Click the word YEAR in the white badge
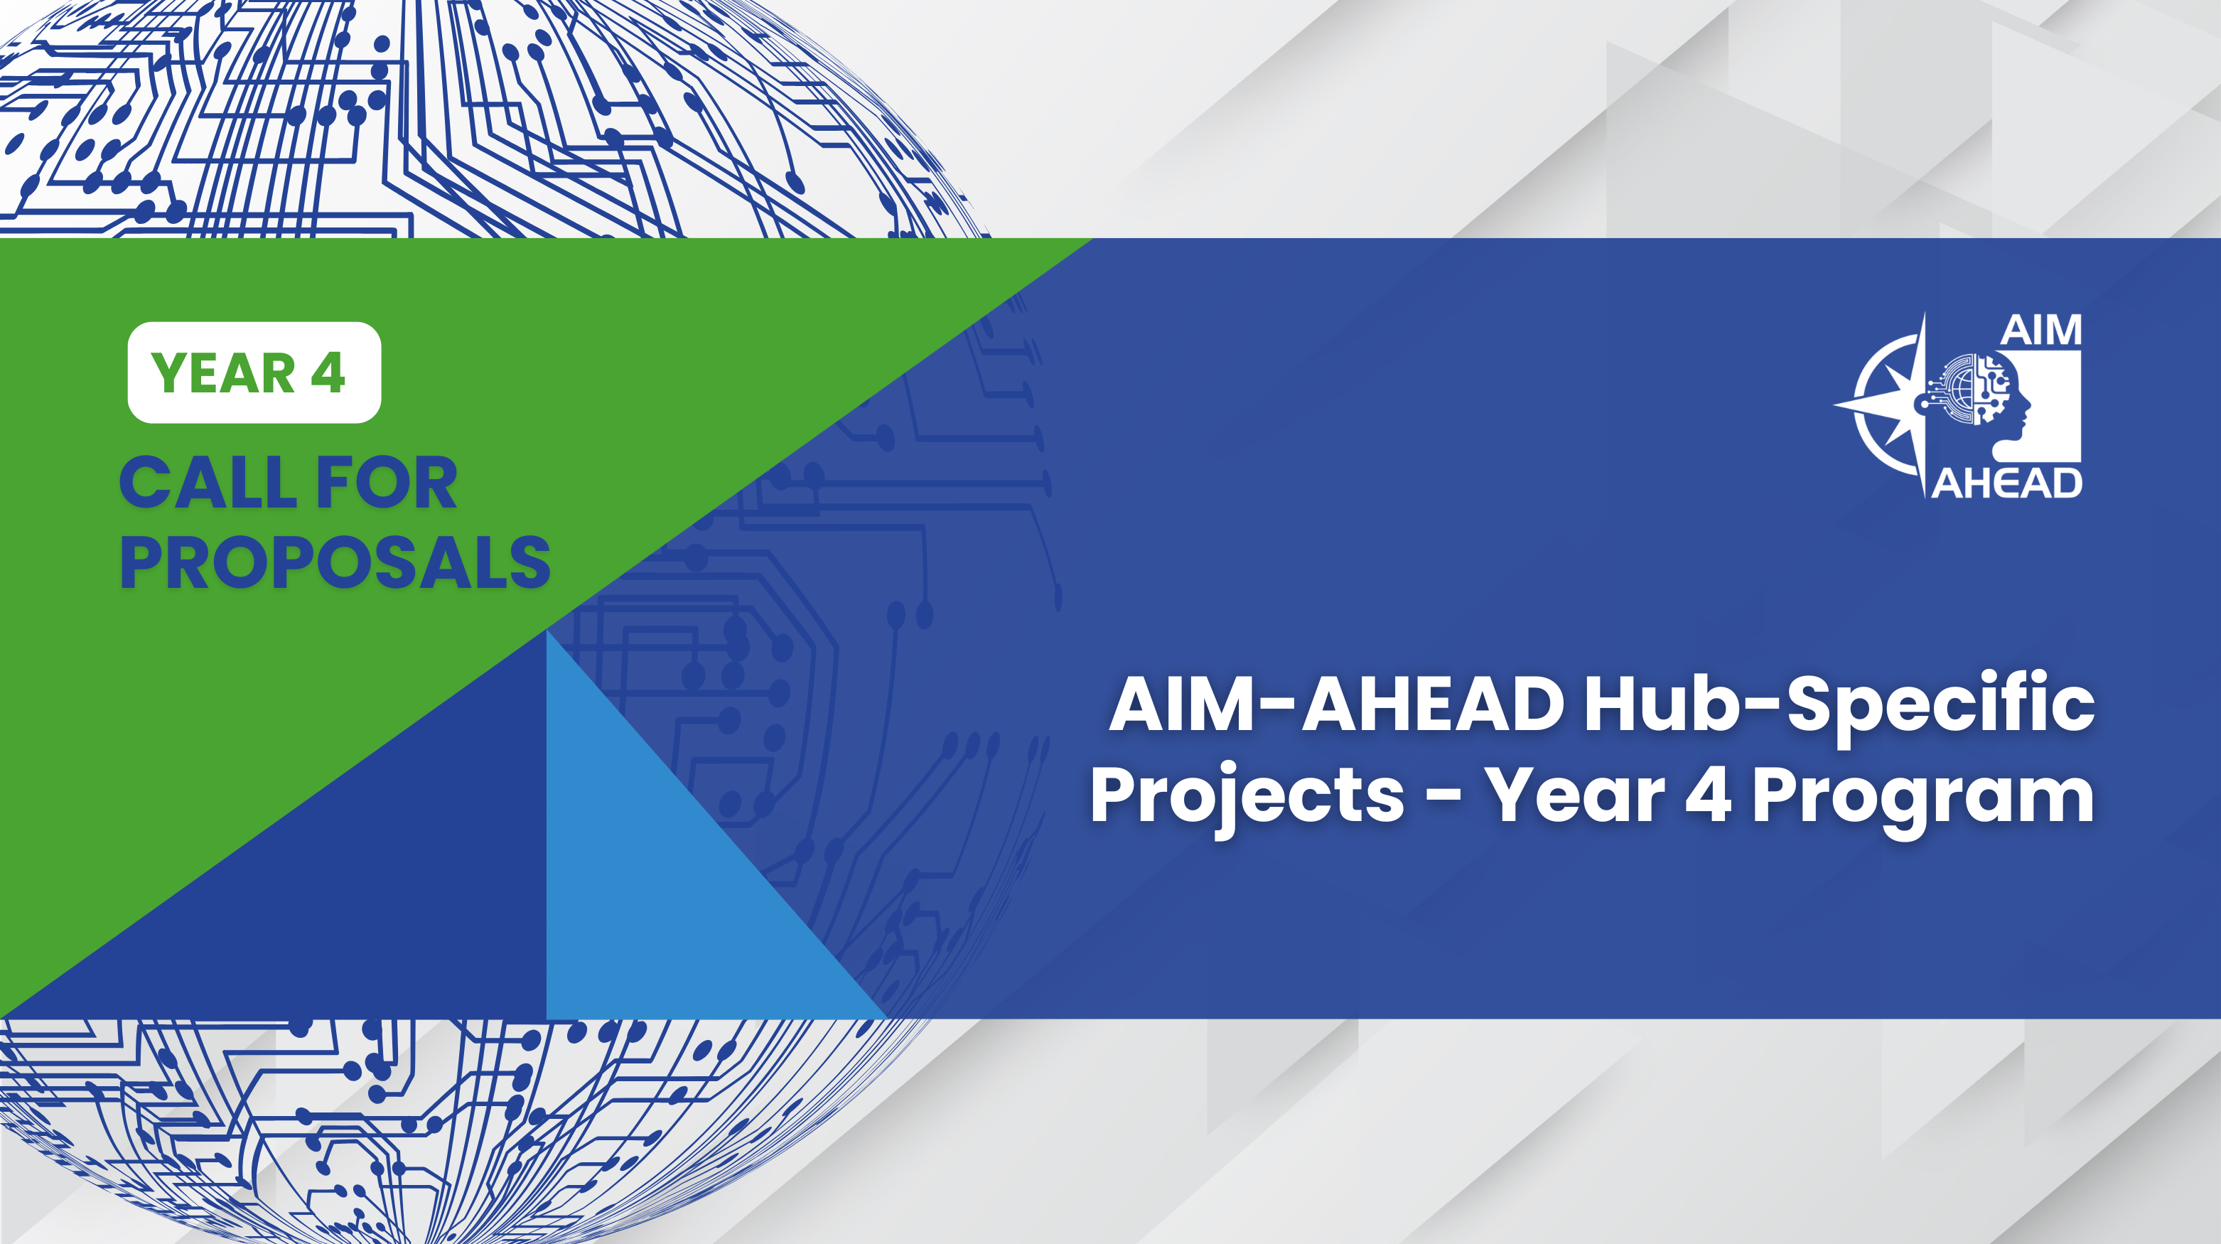pos(222,373)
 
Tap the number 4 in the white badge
pos(328,373)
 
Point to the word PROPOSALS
pos(335,563)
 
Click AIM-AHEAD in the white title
pos(1335,704)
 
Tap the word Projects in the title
pos(1247,797)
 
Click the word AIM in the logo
pos(2040,330)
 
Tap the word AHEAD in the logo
pos(2006,483)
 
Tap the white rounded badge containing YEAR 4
pos(254,372)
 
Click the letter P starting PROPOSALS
pos(140,563)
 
